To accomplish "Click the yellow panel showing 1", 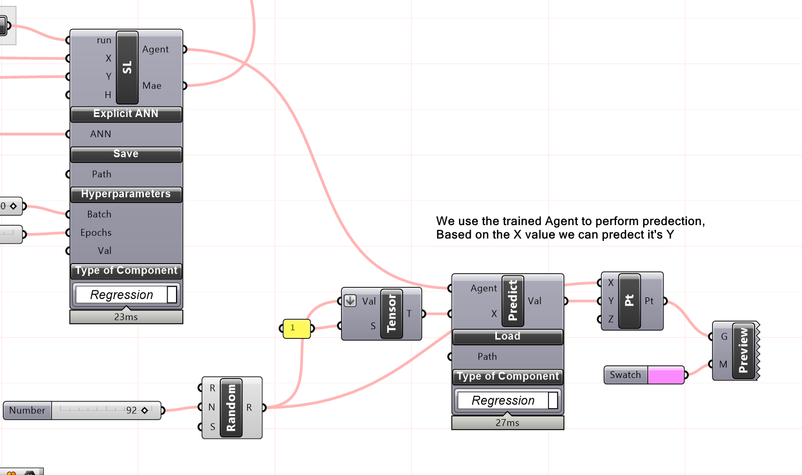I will (296, 328).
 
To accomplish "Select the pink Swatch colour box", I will (666, 375).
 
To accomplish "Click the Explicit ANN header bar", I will (126, 114).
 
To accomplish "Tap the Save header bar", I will (126, 154).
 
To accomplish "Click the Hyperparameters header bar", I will (126, 194).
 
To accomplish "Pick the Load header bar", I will (507, 336).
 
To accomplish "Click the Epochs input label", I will (96, 232).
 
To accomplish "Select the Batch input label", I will (99, 214).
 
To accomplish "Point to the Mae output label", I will (152, 85).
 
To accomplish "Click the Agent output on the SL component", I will (155, 49).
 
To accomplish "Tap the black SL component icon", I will (127, 67).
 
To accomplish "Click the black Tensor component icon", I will (392, 314).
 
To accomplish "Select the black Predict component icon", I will (513, 301).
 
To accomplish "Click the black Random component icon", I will (231, 408).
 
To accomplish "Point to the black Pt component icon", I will (629, 301).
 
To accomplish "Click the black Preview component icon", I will (744, 351).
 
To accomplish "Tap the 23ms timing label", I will (126, 317).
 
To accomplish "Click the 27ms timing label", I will (507, 423).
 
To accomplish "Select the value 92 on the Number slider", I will (131, 410).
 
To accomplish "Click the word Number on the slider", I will (27, 410).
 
